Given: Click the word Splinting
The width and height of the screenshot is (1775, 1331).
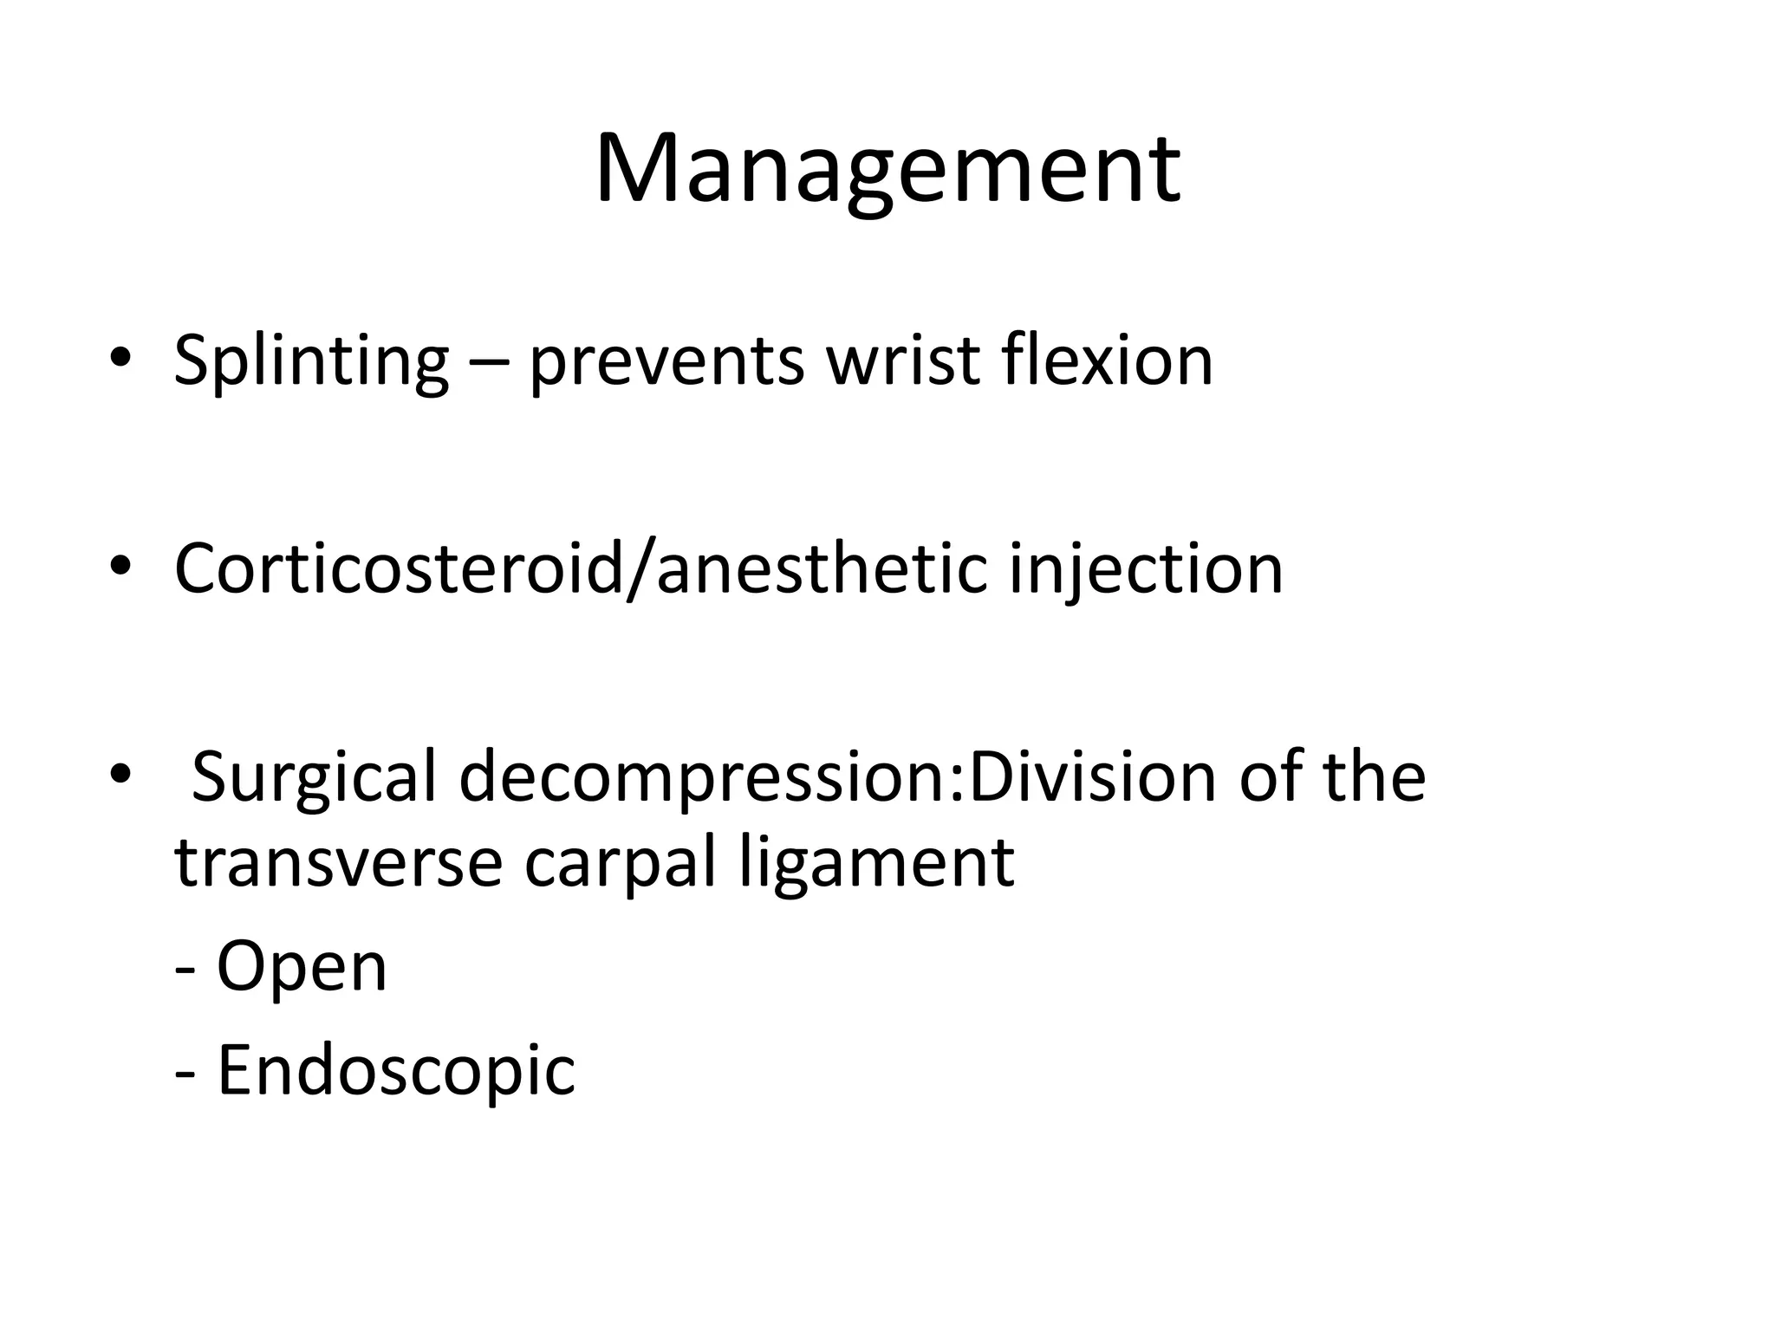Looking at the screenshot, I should click(311, 361).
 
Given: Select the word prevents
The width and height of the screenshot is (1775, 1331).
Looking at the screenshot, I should click(666, 361).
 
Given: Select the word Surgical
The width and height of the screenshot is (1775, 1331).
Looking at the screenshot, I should click(313, 778).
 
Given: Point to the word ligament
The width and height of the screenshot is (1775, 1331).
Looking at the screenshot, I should click(876, 865).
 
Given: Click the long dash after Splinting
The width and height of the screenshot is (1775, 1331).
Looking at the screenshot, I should click(489, 364).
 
